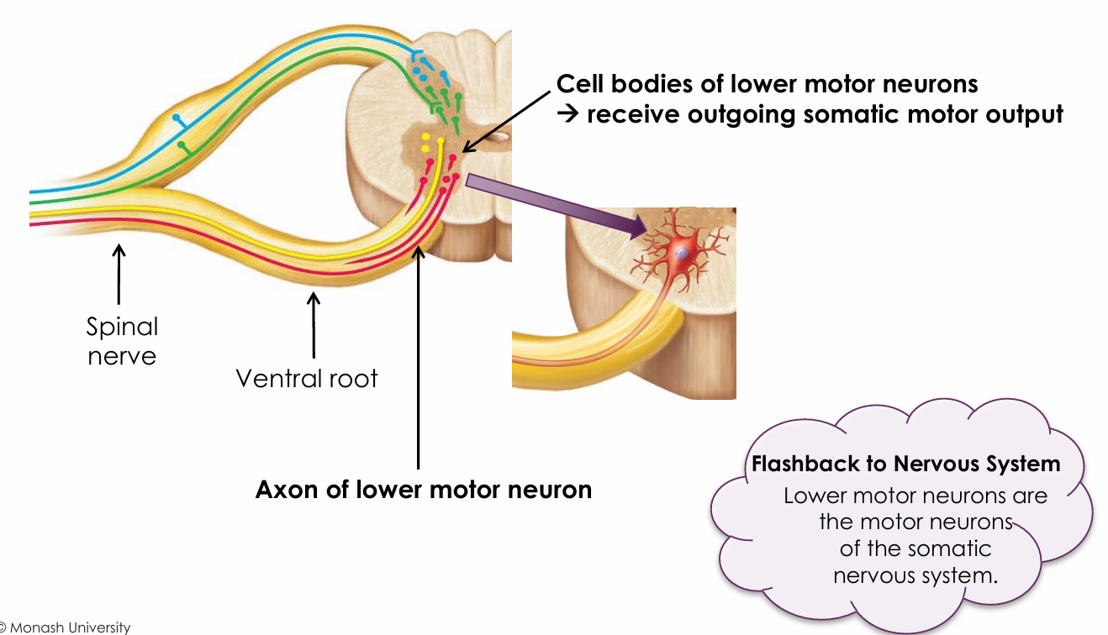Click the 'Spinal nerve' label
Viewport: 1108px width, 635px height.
122,340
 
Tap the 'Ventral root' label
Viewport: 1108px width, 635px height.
307,378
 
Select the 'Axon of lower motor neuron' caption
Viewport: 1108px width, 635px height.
424,489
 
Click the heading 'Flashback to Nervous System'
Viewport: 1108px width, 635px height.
905,464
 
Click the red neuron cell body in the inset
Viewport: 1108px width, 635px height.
681,252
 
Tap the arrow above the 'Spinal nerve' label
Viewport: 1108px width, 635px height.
119,273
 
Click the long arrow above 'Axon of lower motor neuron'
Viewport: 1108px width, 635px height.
418,353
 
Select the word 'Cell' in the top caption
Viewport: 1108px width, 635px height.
581,83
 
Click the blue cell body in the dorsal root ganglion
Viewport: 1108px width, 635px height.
176,117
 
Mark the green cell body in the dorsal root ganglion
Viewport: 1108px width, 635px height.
181,147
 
